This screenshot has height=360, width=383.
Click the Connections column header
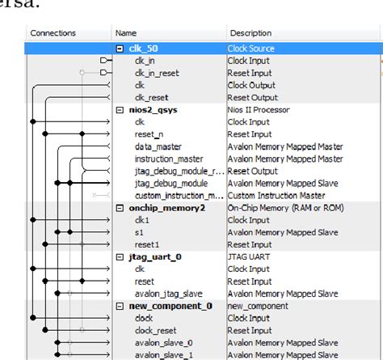pos(53,33)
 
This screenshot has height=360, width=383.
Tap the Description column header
pos(250,33)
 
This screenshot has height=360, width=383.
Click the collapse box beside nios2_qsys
pos(120,109)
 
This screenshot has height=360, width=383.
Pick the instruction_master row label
pos(169,159)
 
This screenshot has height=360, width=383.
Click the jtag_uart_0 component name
pos(155,256)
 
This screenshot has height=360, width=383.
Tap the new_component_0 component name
pos(170,306)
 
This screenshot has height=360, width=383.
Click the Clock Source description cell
pos(252,49)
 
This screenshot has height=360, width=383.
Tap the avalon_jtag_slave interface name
pos(168,293)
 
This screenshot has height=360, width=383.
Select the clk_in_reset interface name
pos(158,73)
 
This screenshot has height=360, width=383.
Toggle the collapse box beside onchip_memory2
pos(120,208)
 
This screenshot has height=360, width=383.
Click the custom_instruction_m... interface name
pos(179,196)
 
